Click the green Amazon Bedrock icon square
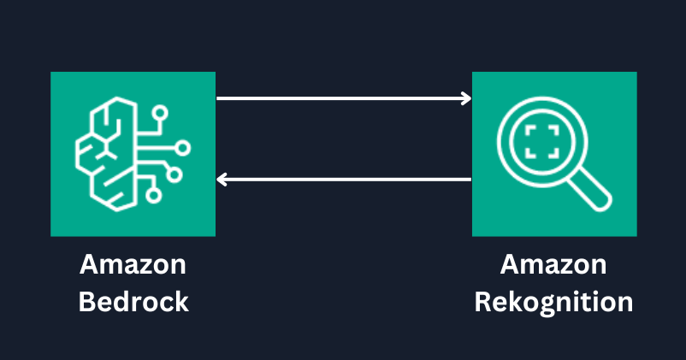click(133, 154)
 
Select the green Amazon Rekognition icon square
click(554, 154)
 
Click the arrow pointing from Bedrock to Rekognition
click(342, 98)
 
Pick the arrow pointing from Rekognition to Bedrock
click(342, 180)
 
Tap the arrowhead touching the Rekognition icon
click(466, 98)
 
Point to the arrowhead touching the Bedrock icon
click(222, 180)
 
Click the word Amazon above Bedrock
click(133, 265)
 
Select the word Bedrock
click(133, 302)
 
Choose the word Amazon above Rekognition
click(553, 265)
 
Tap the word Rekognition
click(553, 302)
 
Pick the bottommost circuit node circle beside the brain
click(154, 196)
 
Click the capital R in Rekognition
click(483, 302)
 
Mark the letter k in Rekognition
click(517, 302)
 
